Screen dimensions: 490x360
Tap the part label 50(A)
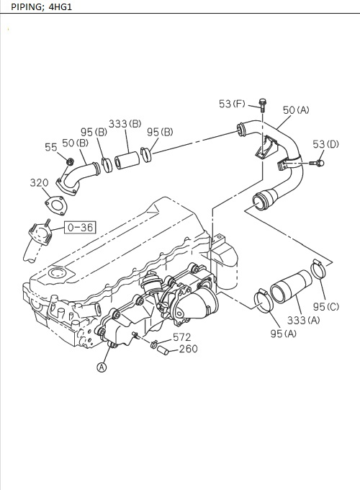(295, 110)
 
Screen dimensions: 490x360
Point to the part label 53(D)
(325, 145)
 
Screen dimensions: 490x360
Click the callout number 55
(51, 147)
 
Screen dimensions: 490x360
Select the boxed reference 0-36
(79, 228)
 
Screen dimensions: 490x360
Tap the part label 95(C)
(325, 307)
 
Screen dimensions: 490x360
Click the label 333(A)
(304, 320)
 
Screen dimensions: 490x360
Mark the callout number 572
(181, 337)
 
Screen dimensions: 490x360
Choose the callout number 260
(187, 349)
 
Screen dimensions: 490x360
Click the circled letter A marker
(102, 367)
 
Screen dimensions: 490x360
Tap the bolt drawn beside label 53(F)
(263, 106)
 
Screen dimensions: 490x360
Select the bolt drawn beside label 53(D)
(317, 164)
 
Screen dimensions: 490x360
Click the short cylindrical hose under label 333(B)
(127, 159)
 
